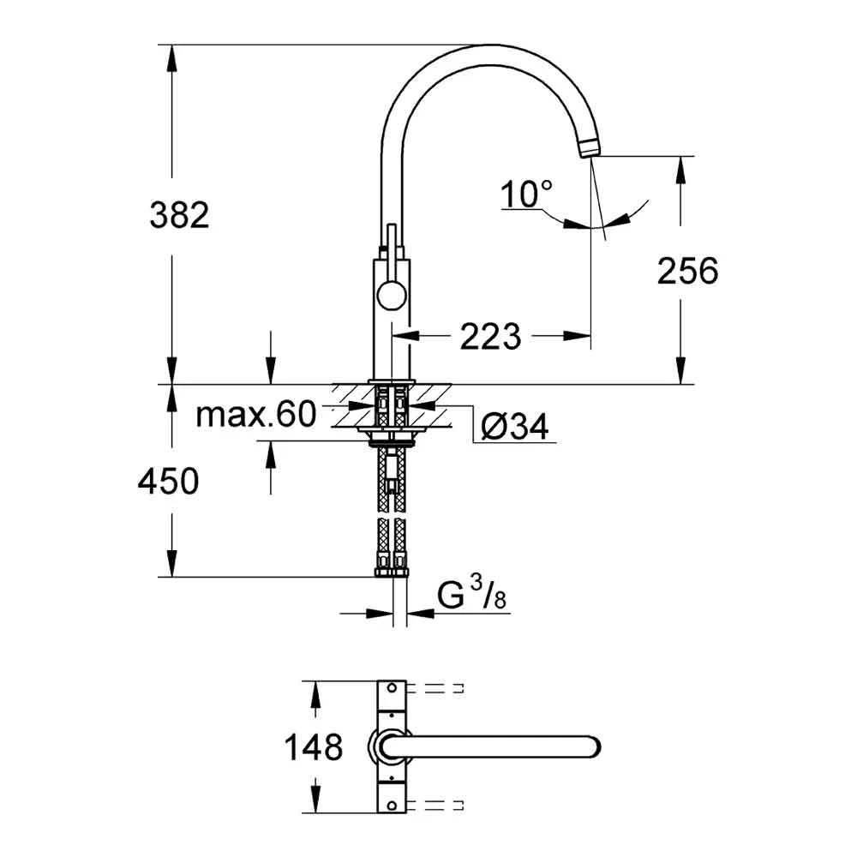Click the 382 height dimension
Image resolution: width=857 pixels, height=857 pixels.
(179, 215)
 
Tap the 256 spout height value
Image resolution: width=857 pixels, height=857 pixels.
(686, 272)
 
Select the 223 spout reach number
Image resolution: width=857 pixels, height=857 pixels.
(490, 337)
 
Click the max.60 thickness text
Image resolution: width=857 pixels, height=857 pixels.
(255, 416)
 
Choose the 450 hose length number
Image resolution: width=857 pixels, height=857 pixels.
(168, 482)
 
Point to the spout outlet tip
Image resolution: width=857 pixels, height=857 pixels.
(590, 148)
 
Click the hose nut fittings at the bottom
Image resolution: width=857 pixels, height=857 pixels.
(393, 567)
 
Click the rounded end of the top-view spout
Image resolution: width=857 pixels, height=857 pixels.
(591, 746)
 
